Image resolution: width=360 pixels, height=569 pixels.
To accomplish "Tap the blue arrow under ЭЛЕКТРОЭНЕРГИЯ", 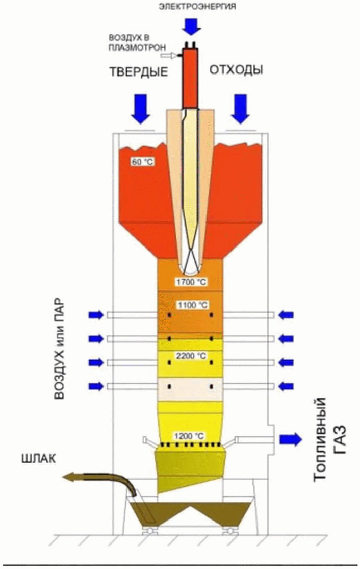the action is (x=193, y=24).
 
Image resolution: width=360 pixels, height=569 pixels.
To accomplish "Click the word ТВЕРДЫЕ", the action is (x=138, y=72).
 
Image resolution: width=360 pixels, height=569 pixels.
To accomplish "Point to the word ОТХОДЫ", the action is (x=236, y=70).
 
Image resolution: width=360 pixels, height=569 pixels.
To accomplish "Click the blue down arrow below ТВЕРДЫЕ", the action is (x=141, y=108).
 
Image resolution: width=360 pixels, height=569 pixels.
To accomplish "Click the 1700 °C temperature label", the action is (x=192, y=282).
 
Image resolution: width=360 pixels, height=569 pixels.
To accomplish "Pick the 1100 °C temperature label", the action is (x=192, y=305).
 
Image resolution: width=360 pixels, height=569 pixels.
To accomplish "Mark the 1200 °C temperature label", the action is (x=190, y=436).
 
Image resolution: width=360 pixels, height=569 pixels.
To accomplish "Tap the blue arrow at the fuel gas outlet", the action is (x=291, y=438).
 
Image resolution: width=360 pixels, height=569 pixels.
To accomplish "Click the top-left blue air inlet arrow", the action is (x=95, y=315).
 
